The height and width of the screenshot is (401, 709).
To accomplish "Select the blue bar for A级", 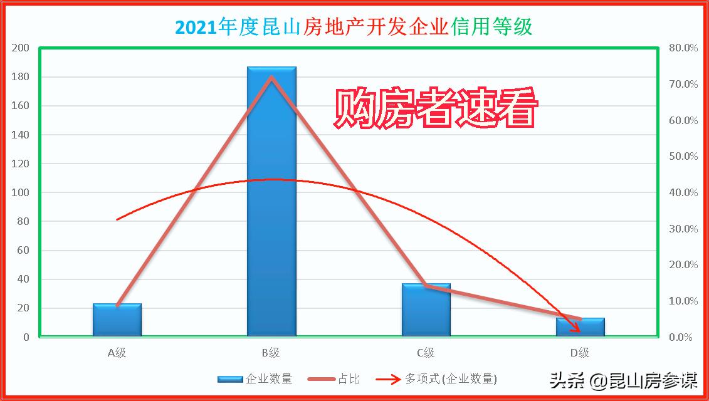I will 117,320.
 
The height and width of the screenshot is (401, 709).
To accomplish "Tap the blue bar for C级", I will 426,310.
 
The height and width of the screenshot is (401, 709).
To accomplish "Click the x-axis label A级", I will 117,353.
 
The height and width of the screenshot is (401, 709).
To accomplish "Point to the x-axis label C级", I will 426,353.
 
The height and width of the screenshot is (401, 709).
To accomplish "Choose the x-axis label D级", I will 580,353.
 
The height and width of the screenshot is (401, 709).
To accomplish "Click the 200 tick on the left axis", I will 21,48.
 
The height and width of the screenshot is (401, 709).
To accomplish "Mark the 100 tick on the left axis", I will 21,193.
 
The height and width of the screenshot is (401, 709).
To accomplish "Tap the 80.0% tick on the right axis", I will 683,48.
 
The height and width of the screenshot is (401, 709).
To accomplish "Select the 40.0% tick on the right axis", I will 683,193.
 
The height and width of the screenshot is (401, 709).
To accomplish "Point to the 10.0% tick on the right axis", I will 683,301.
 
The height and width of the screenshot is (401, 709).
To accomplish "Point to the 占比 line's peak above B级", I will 271,78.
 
